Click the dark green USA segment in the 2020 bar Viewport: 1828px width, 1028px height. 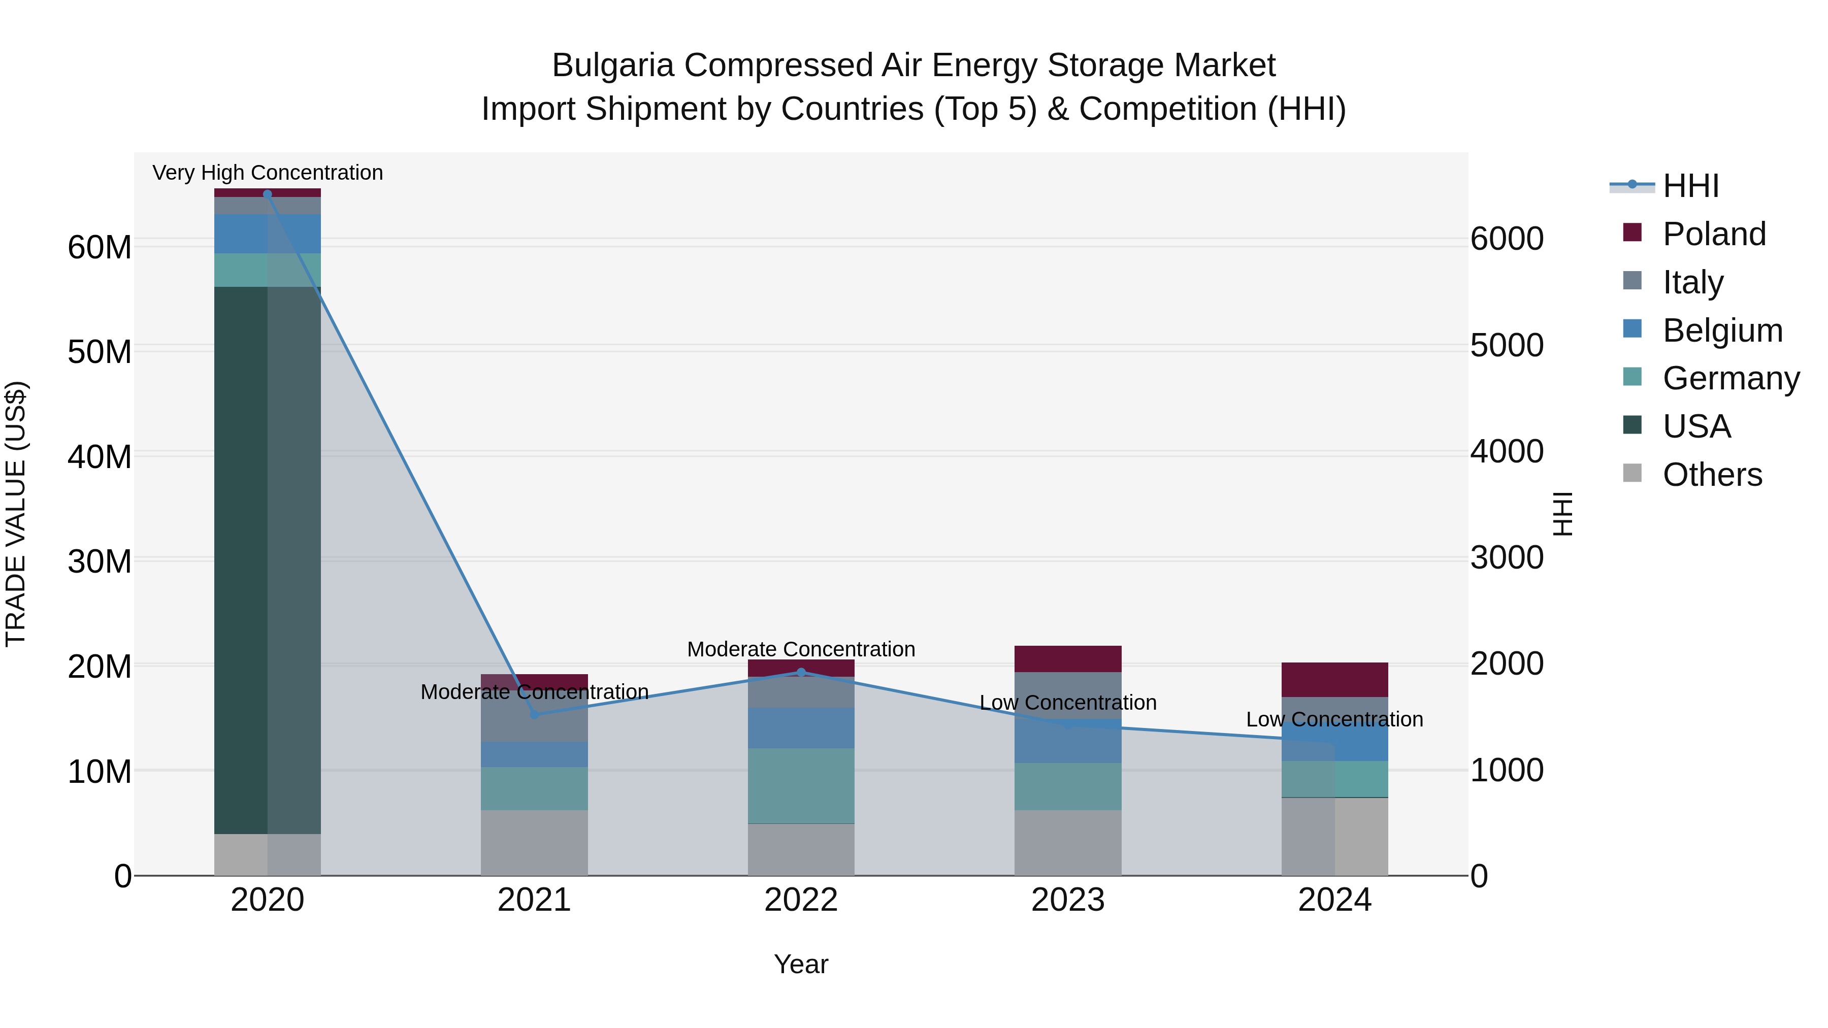click(241, 560)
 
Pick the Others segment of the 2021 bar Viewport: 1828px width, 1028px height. click(534, 842)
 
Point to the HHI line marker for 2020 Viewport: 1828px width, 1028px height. click(268, 194)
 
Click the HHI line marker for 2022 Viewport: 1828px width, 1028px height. click(801, 672)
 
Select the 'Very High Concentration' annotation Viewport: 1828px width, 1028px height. click(268, 173)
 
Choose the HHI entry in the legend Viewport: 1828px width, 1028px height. click(1690, 186)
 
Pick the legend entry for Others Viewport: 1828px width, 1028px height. click(1712, 475)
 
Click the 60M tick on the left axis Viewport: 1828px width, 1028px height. click(100, 248)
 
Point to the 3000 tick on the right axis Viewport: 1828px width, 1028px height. click(1506, 557)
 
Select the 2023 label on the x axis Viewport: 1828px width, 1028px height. click(1067, 900)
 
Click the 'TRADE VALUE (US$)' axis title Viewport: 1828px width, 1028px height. click(16, 514)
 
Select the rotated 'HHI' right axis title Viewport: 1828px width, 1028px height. click(1562, 514)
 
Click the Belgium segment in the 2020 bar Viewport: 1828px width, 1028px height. click(241, 234)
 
